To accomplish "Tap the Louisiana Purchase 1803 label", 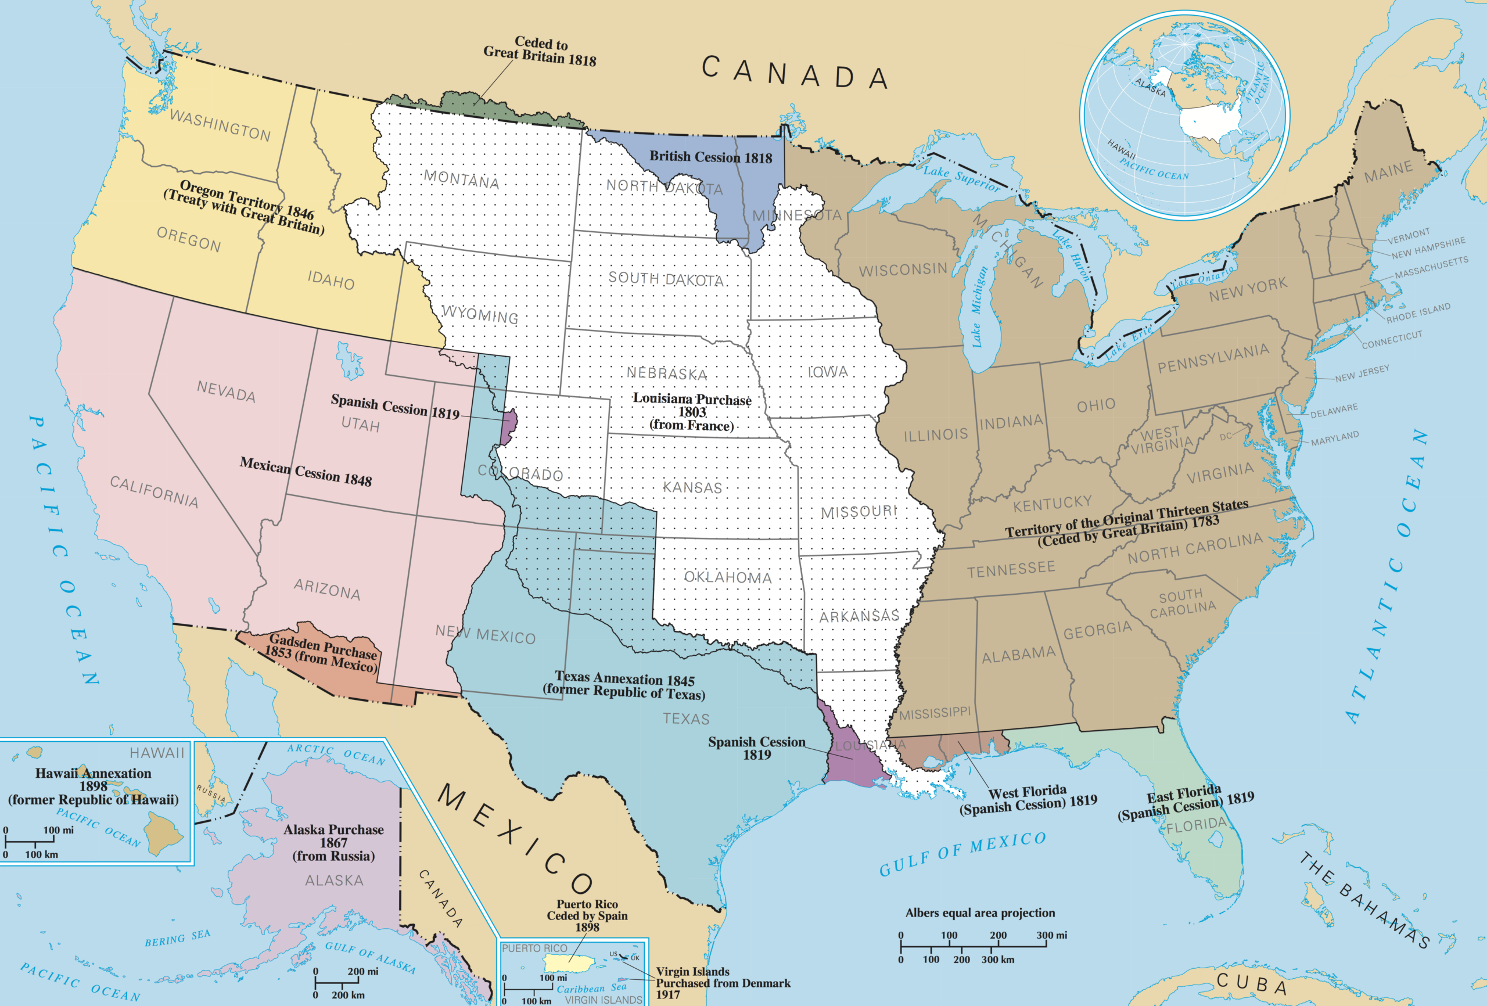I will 692,411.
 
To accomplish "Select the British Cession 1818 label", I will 710,157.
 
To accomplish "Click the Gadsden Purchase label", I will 322,652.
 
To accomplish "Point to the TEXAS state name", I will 686,718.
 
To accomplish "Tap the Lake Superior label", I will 961,177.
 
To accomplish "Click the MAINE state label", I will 1388,171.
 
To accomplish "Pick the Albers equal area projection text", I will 979,912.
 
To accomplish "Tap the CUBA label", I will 1252,983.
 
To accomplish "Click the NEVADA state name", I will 226,390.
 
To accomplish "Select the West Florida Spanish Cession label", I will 1028,799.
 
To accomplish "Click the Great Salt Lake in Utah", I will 349,360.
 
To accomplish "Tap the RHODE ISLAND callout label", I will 1418,312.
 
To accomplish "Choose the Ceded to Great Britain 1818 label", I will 539,51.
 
